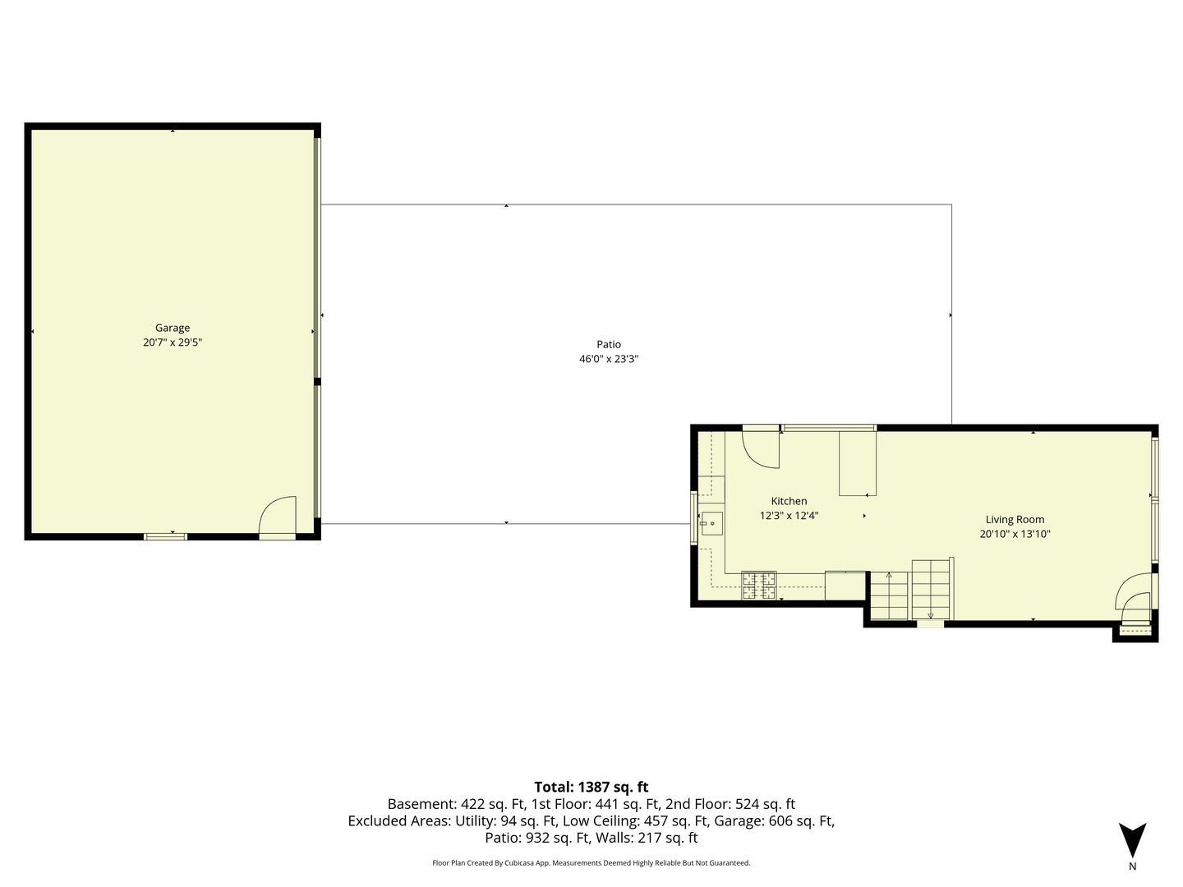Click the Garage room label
[173, 328]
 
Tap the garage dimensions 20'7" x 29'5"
[173, 342]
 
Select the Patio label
[609, 344]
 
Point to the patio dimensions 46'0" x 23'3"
[609, 359]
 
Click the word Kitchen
[789, 501]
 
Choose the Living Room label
[1015, 520]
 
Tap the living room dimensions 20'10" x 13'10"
[1015, 534]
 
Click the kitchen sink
[711, 523]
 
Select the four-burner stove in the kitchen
[759, 586]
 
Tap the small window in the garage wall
[165, 536]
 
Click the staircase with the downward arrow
[930, 590]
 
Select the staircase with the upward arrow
[889, 595]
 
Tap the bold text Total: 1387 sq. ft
[591, 787]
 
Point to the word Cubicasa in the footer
[518, 862]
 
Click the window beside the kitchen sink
[694, 518]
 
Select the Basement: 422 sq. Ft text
[456, 804]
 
